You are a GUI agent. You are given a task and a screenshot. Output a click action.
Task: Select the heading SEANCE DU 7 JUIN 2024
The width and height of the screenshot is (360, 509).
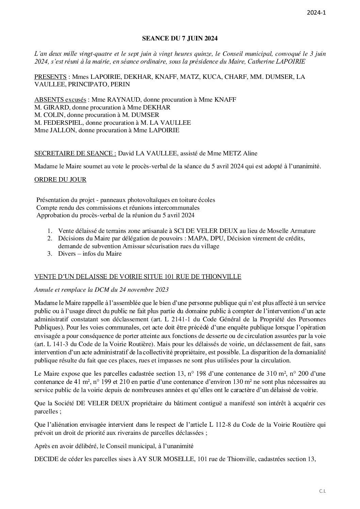click(180, 39)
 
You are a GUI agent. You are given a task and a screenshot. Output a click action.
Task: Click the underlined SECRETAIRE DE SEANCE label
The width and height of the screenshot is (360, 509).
click(75, 153)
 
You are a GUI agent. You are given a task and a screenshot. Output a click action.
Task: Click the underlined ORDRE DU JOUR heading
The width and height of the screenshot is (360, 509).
click(60, 180)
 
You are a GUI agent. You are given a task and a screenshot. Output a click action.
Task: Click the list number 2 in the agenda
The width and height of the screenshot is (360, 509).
click(50, 238)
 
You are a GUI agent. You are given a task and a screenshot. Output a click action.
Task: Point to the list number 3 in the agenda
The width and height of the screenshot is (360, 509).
click(50, 254)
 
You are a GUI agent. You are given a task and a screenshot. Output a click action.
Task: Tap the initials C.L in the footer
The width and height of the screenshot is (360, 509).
click(323, 491)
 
